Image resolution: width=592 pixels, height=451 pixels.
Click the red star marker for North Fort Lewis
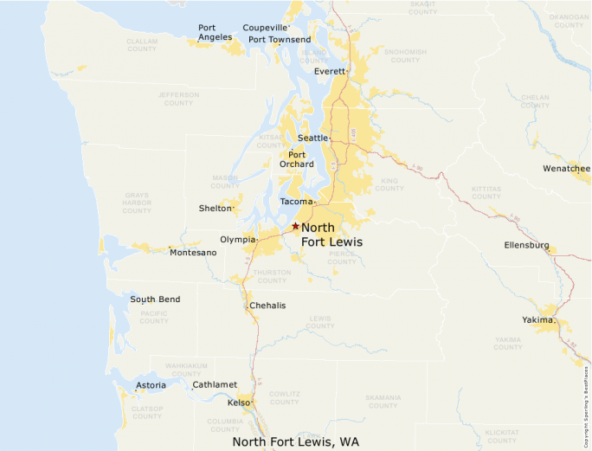[x=295, y=226]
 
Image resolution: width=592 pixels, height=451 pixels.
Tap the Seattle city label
[x=312, y=138]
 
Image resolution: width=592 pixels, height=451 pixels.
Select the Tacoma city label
[x=296, y=202]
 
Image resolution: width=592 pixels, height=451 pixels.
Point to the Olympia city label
[x=238, y=239]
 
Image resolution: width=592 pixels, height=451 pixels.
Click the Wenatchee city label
[x=566, y=169]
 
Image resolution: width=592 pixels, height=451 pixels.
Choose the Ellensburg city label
[x=526, y=245]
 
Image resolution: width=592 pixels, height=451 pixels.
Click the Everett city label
[x=330, y=71]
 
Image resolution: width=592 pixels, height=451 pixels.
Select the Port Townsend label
[x=280, y=40]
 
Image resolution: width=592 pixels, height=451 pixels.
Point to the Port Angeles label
[x=215, y=32]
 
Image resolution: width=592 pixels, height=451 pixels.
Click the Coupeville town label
[x=265, y=28]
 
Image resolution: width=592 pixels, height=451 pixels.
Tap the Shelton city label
[x=215, y=208]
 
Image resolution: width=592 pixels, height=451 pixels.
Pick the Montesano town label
[x=193, y=253]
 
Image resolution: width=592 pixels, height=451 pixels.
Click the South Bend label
[x=155, y=300]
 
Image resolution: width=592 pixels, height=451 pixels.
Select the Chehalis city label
[x=267, y=306]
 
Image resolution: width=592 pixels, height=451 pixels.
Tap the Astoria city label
[x=151, y=385]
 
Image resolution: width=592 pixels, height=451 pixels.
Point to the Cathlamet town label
[x=215, y=384]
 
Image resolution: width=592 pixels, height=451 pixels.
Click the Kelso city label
[x=238, y=403]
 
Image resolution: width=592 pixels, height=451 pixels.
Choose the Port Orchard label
[x=297, y=159]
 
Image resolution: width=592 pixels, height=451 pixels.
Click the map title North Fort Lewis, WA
[x=295, y=441]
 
